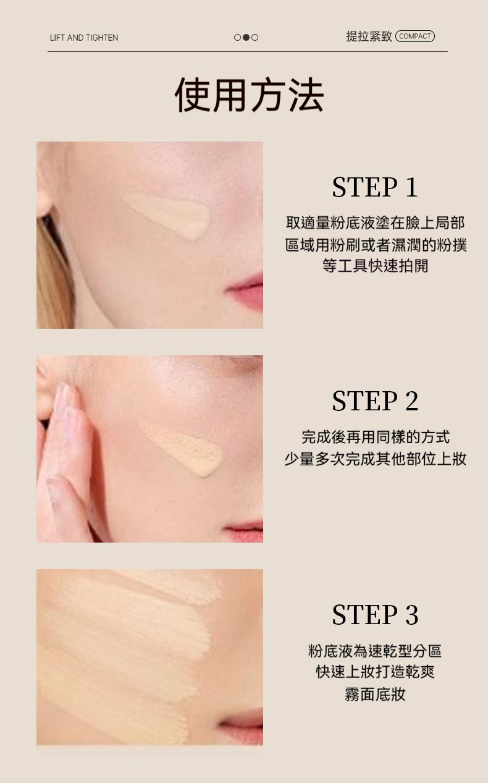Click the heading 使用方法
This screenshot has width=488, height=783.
click(249, 95)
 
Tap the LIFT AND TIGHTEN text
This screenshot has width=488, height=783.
click(84, 38)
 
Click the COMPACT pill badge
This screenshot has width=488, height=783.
click(415, 36)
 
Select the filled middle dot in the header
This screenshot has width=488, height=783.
click(246, 38)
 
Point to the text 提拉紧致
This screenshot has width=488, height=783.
click(369, 36)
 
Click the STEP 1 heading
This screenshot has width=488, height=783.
click(375, 187)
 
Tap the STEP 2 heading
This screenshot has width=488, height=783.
click(375, 401)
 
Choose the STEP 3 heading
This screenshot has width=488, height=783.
click(375, 615)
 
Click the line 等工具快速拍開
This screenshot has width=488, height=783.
click(375, 266)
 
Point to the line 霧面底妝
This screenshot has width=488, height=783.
click(375, 694)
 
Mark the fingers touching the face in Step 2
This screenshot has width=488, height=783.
click(63, 462)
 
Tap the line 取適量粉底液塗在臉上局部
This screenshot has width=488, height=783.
click(375, 223)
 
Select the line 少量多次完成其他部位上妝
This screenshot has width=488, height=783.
click(376, 459)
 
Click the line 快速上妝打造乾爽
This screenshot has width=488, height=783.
click(375, 672)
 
